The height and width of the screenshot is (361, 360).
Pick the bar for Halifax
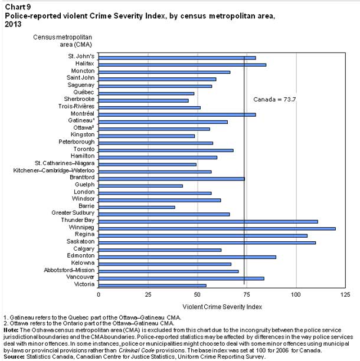[x=182, y=64]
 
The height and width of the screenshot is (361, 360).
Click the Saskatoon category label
[x=80, y=242]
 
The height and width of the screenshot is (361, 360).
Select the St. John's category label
[x=80, y=57]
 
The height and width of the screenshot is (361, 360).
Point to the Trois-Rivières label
[x=76, y=107]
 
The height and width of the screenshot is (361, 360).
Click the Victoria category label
[x=83, y=285]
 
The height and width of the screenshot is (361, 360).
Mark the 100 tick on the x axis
[x=296, y=294]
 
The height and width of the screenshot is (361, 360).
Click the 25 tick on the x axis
[x=148, y=294]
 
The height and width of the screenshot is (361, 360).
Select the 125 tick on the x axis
[x=345, y=294]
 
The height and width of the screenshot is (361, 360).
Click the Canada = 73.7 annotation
[x=274, y=99]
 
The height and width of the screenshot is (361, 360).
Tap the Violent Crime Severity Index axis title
[x=222, y=307]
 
